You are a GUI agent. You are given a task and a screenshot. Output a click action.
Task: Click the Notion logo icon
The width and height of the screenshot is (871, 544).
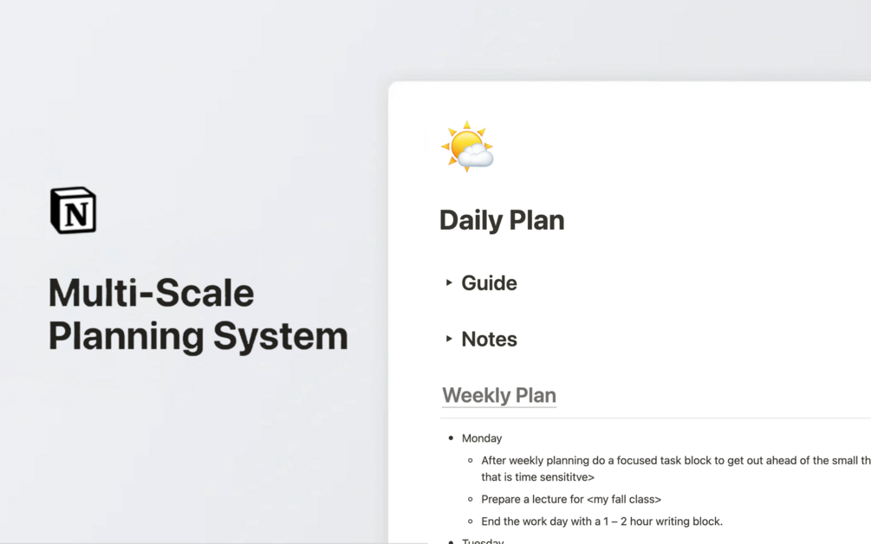[73, 210]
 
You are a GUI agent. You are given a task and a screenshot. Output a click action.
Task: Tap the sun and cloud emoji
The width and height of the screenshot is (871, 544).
[467, 146]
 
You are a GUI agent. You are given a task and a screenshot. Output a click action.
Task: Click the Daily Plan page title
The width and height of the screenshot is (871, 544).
[502, 220]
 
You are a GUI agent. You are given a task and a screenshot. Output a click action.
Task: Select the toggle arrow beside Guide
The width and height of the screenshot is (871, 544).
[449, 282]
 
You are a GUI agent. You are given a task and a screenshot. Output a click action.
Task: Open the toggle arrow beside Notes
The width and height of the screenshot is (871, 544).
[449, 339]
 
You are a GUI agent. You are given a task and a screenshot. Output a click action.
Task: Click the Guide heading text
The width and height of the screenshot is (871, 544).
[489, 283]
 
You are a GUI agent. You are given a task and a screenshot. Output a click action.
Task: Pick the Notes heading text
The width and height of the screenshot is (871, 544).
[489, 340]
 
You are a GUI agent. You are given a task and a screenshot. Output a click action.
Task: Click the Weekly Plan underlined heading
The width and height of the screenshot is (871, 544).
[499, 396]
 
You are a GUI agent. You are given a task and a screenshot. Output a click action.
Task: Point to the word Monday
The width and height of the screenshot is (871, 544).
[482, 438]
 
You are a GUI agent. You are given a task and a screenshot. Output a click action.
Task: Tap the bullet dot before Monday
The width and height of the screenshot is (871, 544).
[451, 438]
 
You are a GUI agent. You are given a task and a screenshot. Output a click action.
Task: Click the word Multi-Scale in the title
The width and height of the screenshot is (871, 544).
[151, 294]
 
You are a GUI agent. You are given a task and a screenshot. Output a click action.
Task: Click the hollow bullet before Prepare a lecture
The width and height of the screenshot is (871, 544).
[471, 499]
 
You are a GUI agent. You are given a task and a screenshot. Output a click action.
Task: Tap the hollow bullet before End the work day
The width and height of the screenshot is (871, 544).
[471, 521]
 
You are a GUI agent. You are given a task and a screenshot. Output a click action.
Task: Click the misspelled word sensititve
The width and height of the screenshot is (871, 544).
[564, 476]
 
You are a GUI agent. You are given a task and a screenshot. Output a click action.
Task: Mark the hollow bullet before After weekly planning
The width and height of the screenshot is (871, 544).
[471, 461]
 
